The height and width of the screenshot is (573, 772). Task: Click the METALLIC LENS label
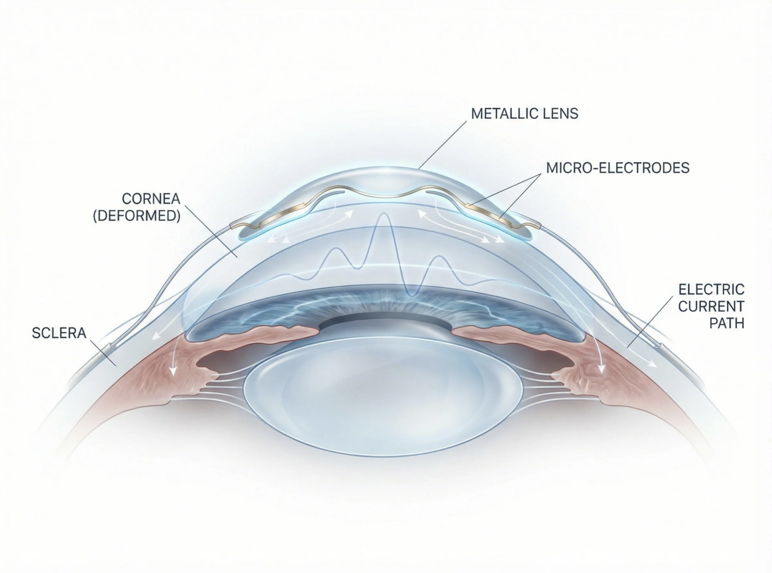(525, 113)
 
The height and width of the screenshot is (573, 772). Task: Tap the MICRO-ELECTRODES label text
(618, 168)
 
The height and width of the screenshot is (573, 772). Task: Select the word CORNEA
(151, 199)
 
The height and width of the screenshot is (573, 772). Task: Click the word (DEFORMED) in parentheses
(137, 216)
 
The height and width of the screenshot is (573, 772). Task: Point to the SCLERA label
(59, 333)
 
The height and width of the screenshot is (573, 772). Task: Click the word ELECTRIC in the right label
(711, 289)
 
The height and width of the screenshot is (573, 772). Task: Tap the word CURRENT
(711, 306)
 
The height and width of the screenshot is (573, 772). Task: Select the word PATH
(727, 323)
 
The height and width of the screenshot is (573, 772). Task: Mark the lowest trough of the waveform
(412, 293)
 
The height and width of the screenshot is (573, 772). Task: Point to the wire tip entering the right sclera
(658, 346)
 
